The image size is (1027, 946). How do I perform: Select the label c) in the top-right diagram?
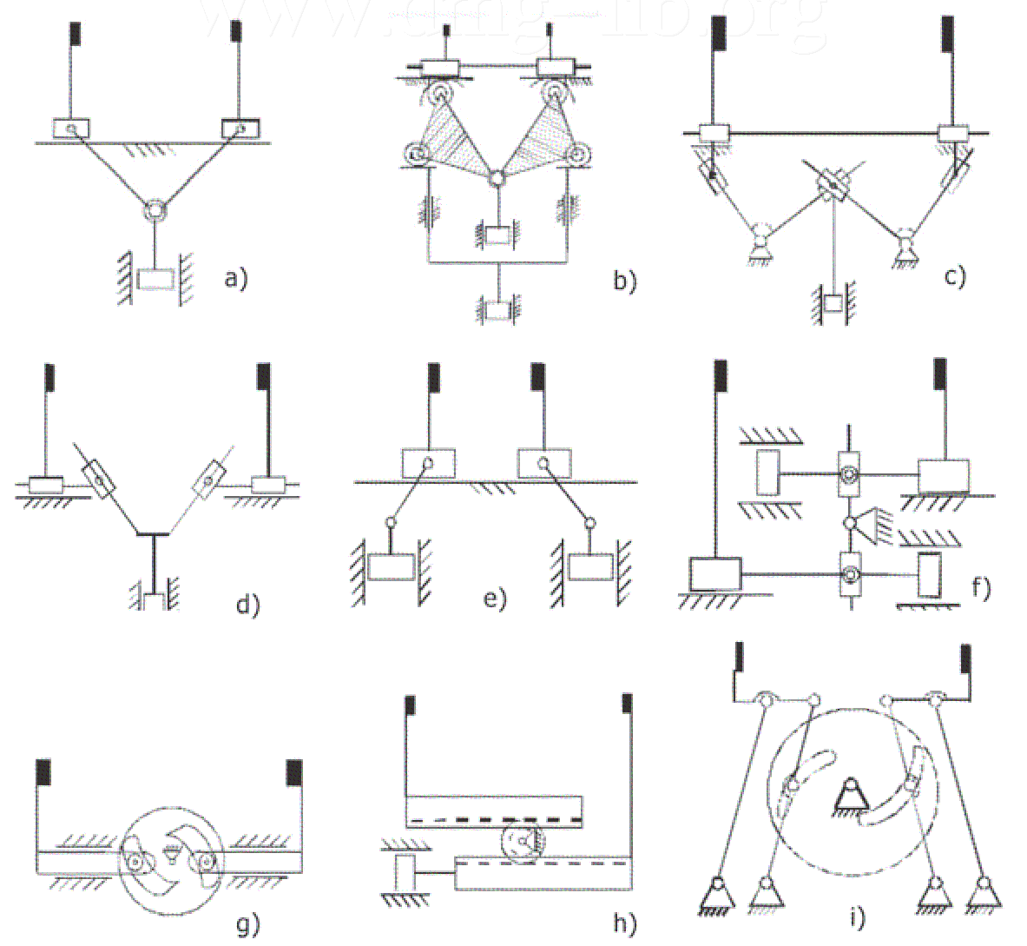coord(955,277)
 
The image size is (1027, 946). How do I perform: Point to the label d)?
coord(247,603)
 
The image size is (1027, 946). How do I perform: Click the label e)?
coord(494,599)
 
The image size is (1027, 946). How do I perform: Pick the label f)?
coord(981,588)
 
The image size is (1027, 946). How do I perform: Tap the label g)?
coord(247,924)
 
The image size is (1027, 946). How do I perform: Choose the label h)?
coord(624,923)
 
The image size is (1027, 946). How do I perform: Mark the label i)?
coord(857,917)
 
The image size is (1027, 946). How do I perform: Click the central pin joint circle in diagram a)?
coord(155,210)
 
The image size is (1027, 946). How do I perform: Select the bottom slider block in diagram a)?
coord(156,280)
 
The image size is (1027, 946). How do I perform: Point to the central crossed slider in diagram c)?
coord(833,184)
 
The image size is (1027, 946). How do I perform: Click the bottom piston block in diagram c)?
coord(833,304)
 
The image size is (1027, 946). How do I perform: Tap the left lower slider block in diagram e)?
coord(392,566)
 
